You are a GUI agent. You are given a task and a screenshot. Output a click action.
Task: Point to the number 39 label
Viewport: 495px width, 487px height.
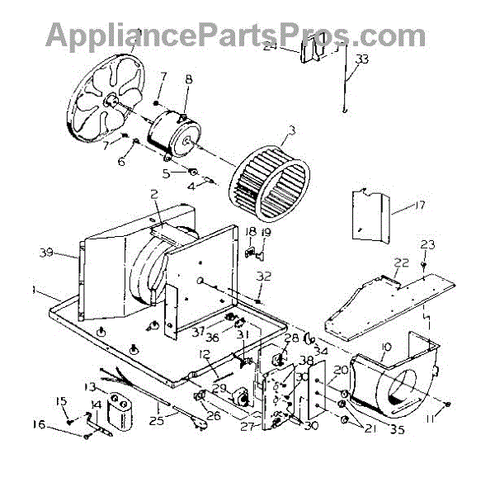point(48,253)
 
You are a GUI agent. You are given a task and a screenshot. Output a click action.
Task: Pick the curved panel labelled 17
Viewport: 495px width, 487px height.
point(368,216)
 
